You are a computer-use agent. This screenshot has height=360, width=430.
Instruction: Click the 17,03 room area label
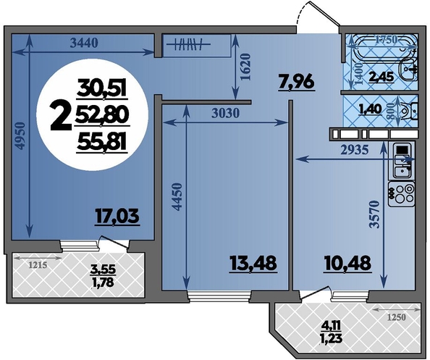(117, 217)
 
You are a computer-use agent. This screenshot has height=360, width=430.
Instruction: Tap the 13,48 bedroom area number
(253, 263)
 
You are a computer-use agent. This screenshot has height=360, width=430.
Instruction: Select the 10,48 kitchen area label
(347, 263)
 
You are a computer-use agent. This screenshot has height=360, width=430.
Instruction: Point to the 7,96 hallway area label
(295, 82)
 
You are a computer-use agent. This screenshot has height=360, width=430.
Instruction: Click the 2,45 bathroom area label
(381, 77)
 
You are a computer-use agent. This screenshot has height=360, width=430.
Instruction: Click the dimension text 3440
(84, 43)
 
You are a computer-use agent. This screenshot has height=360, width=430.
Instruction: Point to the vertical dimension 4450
(177, 197)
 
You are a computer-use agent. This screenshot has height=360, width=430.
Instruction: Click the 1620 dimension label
(245, 67)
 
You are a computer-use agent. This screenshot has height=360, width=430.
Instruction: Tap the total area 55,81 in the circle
(102, 142)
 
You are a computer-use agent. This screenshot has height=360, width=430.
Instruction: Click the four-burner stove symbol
(401, 194)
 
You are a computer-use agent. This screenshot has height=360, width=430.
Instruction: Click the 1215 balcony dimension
(37, 265)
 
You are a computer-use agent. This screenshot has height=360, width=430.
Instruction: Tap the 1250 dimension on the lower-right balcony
(396, 318)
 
